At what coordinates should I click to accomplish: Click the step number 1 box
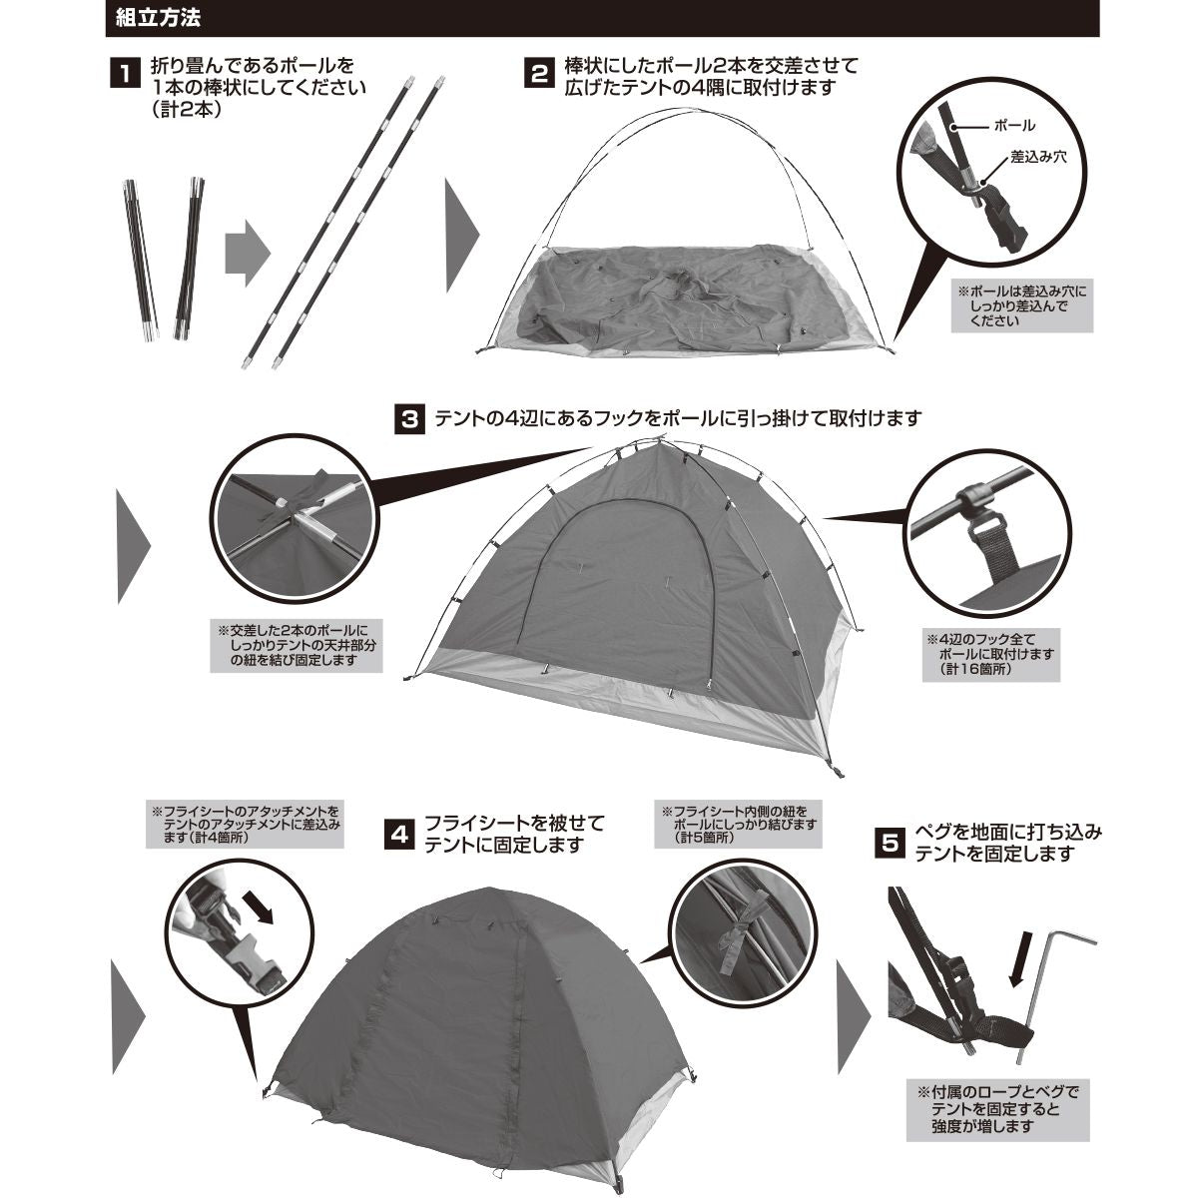tap(124, 75)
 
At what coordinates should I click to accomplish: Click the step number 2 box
tap(538, 75)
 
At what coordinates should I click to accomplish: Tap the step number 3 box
tap(409, 418)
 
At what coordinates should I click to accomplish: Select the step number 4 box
tap(399, 835)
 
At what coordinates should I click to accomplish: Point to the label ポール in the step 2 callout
tap(1014, 127)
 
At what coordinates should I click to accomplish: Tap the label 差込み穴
tap(1039, 157)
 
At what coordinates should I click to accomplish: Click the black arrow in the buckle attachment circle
tap(262, 907)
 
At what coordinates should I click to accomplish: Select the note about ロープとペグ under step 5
tap(999, 1108)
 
